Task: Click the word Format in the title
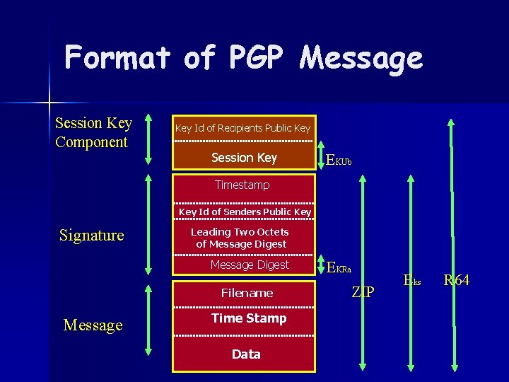[x=117, y=57]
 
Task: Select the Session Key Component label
[x=93, y=132]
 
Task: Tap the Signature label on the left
[x=91, y=235]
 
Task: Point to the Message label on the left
[x=93, y=325]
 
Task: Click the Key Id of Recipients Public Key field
[x=242, y=128]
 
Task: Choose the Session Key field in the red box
[x=244, y=158]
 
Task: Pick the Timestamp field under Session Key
[x=242, y=185]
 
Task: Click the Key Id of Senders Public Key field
[x=245, y=212]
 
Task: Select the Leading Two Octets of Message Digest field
[x=241, y=238]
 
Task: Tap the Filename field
[x=247, y=292]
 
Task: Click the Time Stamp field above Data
[x=249, y=318]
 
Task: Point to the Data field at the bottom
[x=246, y=354]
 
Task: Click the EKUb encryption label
[x=338, y=161]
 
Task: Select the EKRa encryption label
[x=339, y=267]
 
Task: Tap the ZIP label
[x=363, y=292]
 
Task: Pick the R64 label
[x=456, y=281]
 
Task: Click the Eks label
[x=412, y=281]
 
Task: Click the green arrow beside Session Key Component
[x=148, y=139]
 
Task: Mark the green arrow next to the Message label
[x=148, y=325]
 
